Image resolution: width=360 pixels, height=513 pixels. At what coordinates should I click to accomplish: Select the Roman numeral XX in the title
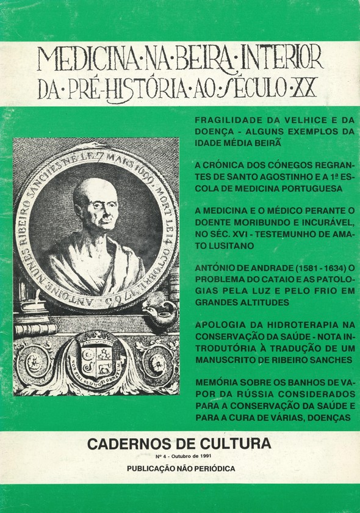(x=305, y=89)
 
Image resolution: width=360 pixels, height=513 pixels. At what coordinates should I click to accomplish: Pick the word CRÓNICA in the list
(x=227, y=165)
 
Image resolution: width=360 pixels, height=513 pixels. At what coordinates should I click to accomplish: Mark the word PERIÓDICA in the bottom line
(x=209, y=468)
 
